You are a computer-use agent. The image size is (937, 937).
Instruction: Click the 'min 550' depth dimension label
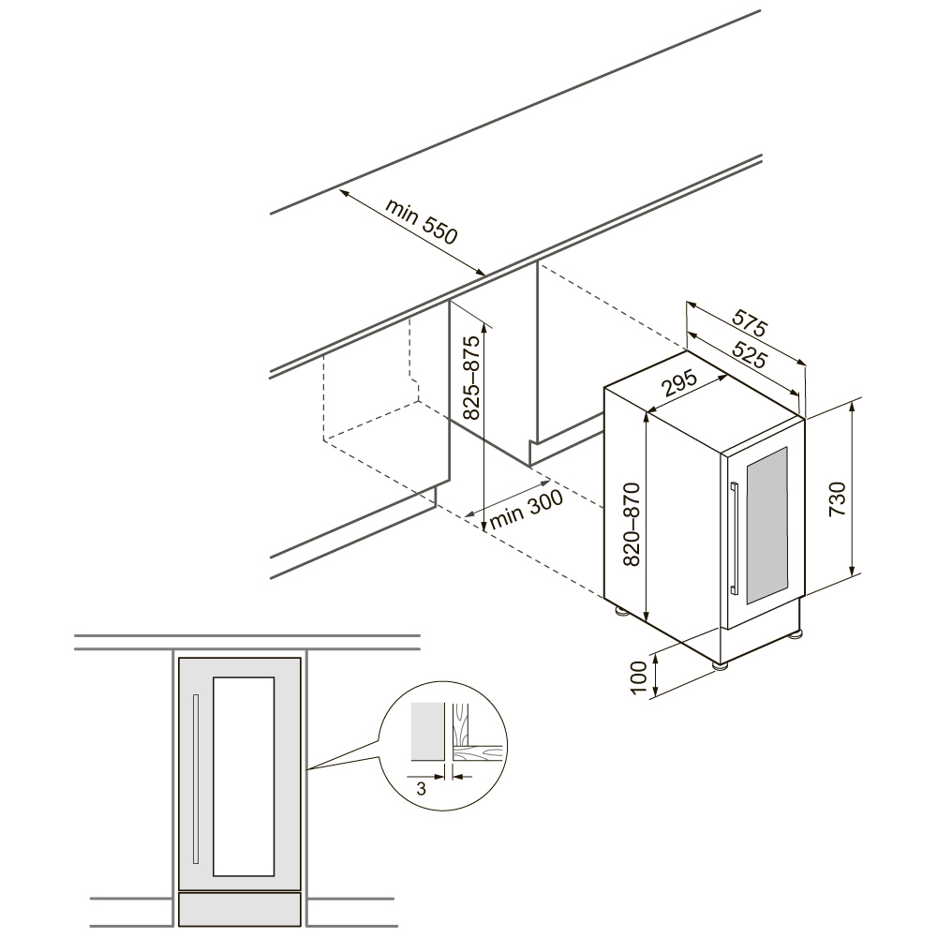click(x=422, y=221)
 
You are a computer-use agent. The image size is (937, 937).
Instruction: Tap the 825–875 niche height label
click(x=471, y=377)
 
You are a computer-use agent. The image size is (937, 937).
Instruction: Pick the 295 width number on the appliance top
click(x=680, y=384)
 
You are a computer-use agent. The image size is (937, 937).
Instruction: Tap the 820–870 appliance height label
click(x=632, y=524)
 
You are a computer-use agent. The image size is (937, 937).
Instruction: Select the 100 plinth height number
click(x=639, y=677)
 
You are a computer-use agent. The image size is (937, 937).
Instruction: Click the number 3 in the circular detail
click(x=422, y=789)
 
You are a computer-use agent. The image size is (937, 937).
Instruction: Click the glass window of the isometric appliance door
click(x=766, y=525)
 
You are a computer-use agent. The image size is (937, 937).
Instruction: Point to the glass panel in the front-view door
click(x=244, y=777)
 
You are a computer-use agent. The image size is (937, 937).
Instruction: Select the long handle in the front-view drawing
click(x=196, y=779)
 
